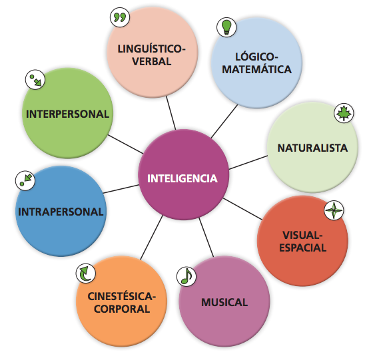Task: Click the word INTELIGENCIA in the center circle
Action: [x=183, y=178]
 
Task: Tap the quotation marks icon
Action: [x=120, y=17]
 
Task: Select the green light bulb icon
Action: [x=226, y=27]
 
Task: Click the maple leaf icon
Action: [x=344, y=113]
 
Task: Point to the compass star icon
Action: [x=334, y=210]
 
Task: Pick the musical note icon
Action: [x=186, y=277]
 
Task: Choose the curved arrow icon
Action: [x=86, y=273]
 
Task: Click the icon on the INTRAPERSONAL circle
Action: [x=25, y=180]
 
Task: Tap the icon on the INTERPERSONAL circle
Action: [x=35, y=79]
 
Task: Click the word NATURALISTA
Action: [x=312, y=148]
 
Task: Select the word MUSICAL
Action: [x=224, y=302]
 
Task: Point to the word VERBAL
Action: [x=152, y=61]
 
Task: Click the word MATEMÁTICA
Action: [x=256, y=69]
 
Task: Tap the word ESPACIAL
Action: [x=303, y=248]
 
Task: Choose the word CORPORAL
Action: [x=122, y=309]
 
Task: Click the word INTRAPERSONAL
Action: [x=61, y=212]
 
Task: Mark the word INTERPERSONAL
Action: [x=68, y=114]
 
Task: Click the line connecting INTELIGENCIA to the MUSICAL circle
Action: [x=206, y=238]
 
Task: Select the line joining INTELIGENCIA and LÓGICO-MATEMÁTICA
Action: [x=224, y=121]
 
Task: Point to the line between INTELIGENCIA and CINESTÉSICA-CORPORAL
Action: [x=151, y=238]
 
